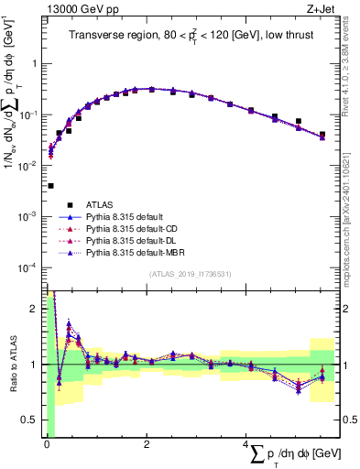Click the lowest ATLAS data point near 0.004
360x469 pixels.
50,185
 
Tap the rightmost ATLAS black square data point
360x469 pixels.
322,135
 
